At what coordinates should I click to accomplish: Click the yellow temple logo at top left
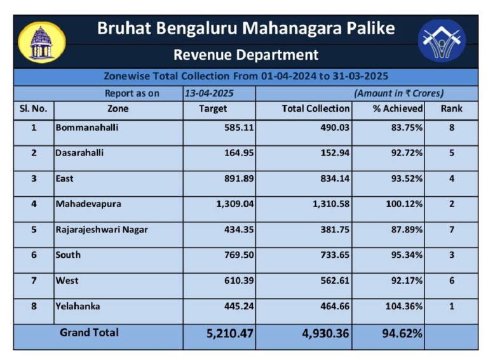point(41,42)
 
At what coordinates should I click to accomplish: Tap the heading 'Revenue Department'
point(245,55)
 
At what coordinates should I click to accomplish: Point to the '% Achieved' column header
point(398,109)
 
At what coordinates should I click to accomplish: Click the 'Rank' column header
point(451,109)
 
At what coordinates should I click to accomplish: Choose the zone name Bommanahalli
point(87,128)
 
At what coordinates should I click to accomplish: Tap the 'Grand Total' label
point(89,332)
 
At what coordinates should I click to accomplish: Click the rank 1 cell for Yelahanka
point(451,306)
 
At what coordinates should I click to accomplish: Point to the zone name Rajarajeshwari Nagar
point(102,229)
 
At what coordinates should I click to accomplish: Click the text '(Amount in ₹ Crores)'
point(398,93)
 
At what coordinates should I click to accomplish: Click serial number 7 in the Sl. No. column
point(34,281)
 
